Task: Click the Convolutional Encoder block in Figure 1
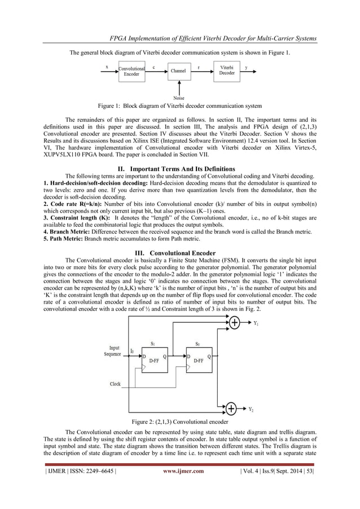tap(131, 71)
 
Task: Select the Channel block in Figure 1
tap(179, 71)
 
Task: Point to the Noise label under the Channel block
tap(179, 98)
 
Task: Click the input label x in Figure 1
tap(107, 67)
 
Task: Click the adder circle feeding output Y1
tap(232, 323)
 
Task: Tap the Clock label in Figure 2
tap(115, 384)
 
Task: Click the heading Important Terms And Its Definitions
tap(179, 169)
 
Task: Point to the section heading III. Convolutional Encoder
tap(180, 252)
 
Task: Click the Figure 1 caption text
tap(179, 106)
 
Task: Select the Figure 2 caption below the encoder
tap(179, 422)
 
